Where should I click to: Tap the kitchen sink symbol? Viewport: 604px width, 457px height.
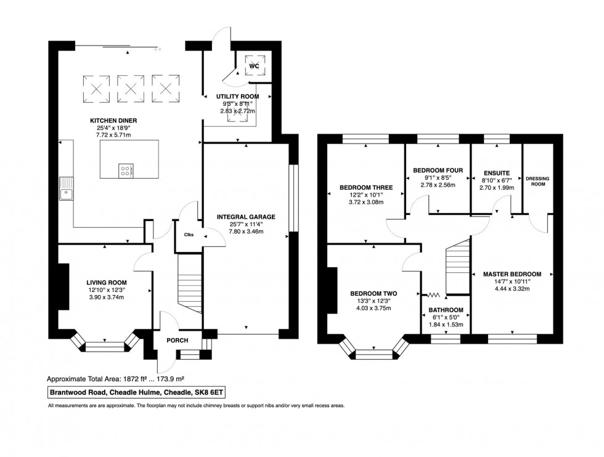point(66,188)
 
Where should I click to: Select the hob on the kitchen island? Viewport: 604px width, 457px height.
point(125,169)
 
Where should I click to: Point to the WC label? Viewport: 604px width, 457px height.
point(254,65)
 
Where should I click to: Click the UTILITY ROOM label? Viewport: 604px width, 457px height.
point(237,97)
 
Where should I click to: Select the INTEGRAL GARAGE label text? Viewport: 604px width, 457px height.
point(246,217)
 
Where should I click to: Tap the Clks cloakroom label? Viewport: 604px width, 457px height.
point(189,235)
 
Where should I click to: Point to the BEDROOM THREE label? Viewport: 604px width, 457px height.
point(366,187)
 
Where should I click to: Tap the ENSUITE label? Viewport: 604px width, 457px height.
point(496,172)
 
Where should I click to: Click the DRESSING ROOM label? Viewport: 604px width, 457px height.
point(536,181)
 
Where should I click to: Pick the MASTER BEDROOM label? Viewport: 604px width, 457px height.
point(512,274)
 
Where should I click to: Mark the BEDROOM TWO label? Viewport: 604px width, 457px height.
point(373,294)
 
